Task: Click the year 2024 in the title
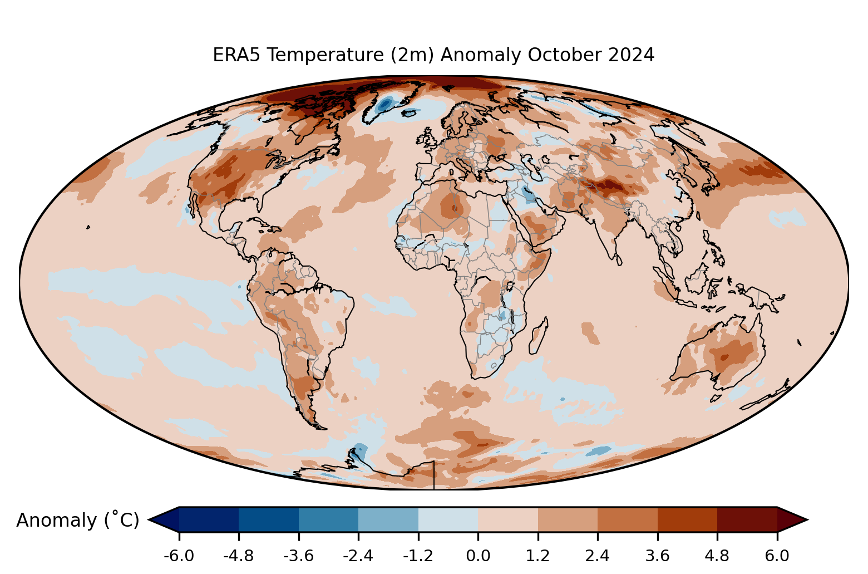pos(631,55)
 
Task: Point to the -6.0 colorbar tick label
pos(179,556)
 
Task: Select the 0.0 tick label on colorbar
pos(478,556)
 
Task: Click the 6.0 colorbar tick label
pos(777,556)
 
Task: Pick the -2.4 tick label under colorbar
pos(358,556)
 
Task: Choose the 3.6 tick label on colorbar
pos(657,556)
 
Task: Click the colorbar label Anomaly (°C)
pos(77,520)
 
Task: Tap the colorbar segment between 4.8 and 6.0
pos(747,519)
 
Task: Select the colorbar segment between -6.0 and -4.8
pos(209,519)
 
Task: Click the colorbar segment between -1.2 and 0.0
pos(448,519)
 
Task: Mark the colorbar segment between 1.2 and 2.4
pos(568,519)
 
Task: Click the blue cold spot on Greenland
pos(384,104)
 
